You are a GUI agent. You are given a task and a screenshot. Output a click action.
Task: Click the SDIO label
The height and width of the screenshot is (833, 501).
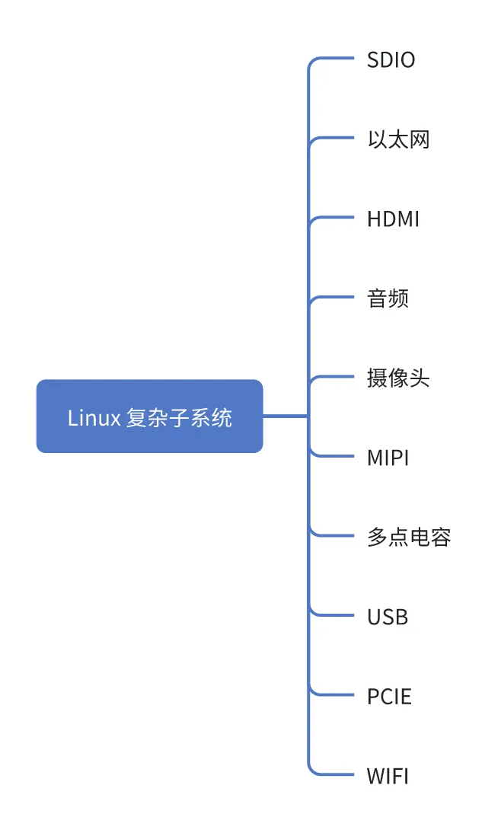[391, 60]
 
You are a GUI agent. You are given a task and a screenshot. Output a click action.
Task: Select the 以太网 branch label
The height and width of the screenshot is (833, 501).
[398, 140]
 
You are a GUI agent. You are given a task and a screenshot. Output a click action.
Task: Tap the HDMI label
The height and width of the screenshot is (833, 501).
[393, 219]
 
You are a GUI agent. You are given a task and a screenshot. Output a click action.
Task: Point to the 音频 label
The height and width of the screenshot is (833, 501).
[388, 298]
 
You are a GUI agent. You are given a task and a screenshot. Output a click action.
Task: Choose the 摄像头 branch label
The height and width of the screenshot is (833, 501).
[398, 378]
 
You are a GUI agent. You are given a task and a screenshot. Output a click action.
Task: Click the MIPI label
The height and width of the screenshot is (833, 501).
[388, 458]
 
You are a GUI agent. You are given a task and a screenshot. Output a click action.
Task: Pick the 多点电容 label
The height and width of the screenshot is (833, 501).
[409, 538]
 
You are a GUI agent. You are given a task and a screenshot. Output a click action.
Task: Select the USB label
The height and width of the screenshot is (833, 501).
[388, 617]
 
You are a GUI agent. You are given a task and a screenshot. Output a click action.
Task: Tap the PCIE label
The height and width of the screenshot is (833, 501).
[389, 697]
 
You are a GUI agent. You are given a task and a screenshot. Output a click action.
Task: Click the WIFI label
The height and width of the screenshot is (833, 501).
[388, 776]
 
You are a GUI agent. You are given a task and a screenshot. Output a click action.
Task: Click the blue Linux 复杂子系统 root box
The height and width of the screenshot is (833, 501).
[149, 416]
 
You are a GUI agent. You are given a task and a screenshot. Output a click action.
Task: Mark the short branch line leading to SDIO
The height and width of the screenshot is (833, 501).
[335, 58]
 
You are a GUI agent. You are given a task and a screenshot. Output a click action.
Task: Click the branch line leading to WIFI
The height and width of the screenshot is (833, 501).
[335, 774]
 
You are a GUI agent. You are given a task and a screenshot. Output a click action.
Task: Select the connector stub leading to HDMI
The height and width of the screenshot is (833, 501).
[335, 218]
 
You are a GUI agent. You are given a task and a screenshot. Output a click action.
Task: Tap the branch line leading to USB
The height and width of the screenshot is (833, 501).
[335, 615]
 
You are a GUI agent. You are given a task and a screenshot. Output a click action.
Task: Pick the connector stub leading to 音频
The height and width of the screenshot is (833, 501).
[335, 297]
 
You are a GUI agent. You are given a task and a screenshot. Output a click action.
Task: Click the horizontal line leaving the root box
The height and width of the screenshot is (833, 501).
[286, 416]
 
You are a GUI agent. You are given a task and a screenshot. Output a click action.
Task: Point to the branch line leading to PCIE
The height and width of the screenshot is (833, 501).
[335, 694]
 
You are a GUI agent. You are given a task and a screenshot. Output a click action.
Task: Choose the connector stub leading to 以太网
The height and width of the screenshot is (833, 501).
[335, 138]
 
